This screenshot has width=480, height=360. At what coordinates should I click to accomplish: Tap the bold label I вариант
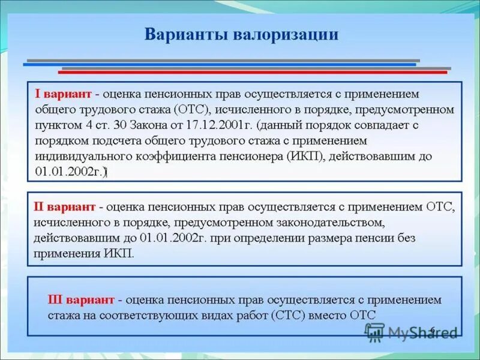[x=63, y=95]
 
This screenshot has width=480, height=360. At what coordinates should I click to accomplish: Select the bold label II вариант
[x=65, y=207]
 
